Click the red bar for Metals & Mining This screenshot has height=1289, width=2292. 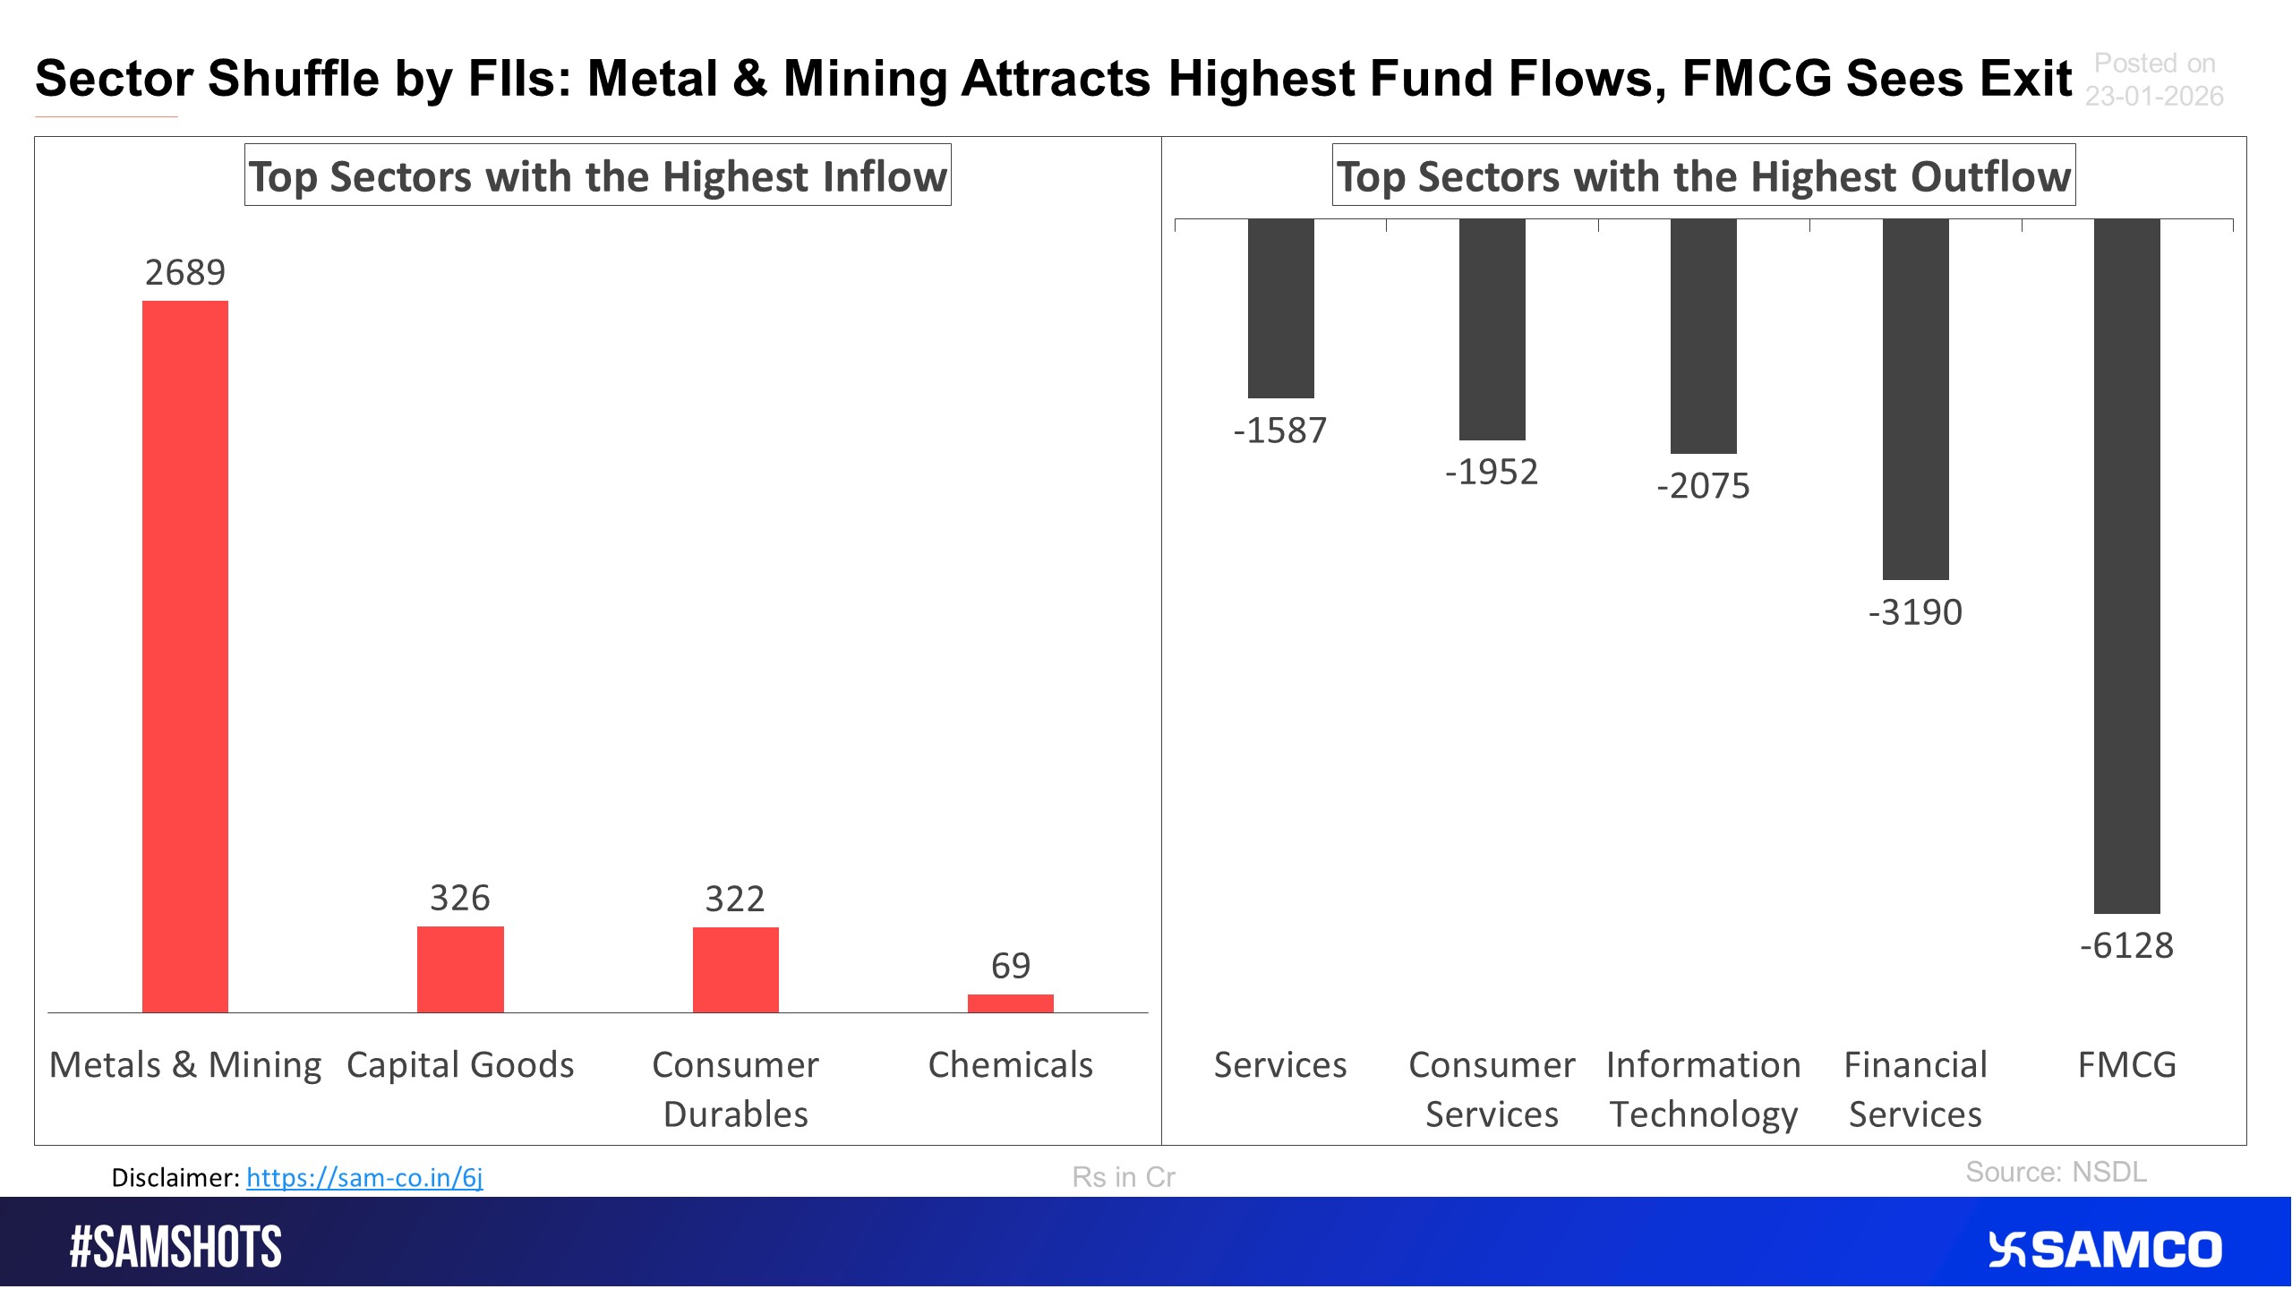(x=185, y=656)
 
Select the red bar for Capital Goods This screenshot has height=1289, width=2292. (x=460, y=969)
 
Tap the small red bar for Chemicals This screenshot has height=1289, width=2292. (x=1010, y=1003)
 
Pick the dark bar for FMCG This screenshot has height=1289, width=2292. (x=2126, y=566)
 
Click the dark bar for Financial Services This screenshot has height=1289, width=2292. (x=1915, y=399)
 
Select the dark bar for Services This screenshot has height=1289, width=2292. (x=1280, y=309)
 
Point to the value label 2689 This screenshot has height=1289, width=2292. (x=185, y=272)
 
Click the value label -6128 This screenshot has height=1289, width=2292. (x=2126, y=945)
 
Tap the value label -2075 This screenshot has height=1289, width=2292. (x=1703, y=486)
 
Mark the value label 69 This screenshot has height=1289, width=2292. (x=1010, y=966)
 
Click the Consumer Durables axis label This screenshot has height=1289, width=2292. (x=735, y=1088)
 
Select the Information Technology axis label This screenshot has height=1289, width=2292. (x=1703, y=1088)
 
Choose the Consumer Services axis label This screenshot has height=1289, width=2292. (x=1492, y=1088)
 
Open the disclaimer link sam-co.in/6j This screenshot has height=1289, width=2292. (x=364, y=1177)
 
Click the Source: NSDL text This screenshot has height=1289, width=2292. (x=2056, y=1172)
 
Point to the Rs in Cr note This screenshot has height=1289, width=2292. (x=1123, y=1177)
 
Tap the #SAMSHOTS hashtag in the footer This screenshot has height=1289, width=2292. (x=175, y=1247)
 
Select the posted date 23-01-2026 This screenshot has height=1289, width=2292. (x=2153, y=96)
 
